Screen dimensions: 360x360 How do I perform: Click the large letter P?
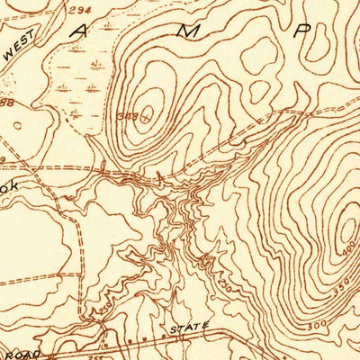tap(303, 31)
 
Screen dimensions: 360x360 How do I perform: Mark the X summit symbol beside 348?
tap(144, 112)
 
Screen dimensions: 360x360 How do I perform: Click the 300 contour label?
tap(315, 323)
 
